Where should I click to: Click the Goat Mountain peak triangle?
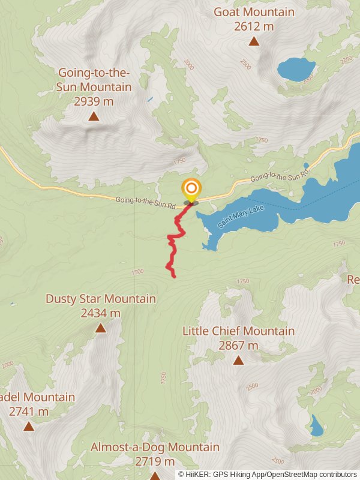[x=254, y=41]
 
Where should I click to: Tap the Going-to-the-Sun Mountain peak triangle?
[x=94, y=116]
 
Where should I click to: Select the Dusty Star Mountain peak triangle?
[x=101, y=328]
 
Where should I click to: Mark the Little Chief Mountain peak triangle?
[x=239, y=360]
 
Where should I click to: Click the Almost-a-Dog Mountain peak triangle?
[x=155, y=476]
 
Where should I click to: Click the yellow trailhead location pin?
[x=191, y=190]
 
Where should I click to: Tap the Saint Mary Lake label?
[x=240, y=217]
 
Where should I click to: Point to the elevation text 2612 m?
[x=254, y=26]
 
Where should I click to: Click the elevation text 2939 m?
[x=94, y=101]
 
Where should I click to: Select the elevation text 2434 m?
[x=101, y=313]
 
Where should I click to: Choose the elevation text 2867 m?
[x=239, y=345]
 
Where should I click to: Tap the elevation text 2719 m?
[x=155, y=461]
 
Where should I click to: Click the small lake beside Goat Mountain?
[x=296, y=69]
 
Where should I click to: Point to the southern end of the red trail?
[x=174, y=277]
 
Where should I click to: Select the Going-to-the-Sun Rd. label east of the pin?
[x=279, y=177]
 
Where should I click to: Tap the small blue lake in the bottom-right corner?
[x=316, y=426]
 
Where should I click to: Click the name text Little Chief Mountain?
[x=239, y=331]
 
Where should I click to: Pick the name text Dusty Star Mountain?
[x=101, y=298]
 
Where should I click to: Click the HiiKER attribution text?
[x=268, y=474]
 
